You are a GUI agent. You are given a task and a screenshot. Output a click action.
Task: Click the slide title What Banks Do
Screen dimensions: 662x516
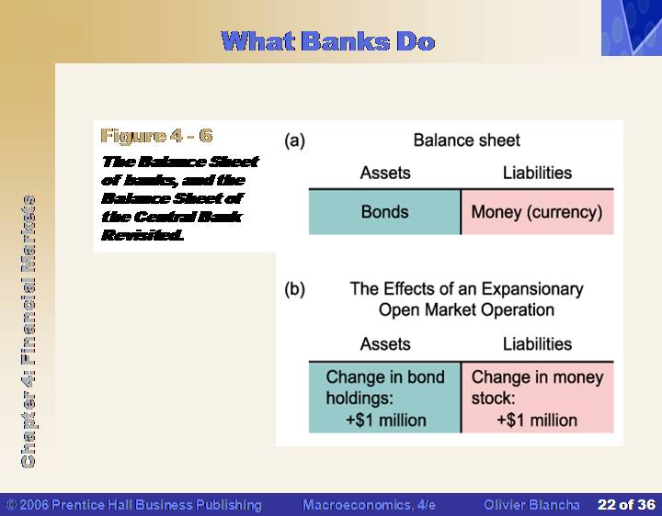[x=328, y=41]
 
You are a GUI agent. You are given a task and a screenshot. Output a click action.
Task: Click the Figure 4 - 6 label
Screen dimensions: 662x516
[x=156, y=136]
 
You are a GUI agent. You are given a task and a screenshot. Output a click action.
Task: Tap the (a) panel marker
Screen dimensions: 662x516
[x=294, y=140]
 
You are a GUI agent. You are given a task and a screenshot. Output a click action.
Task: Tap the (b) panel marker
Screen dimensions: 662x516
[x=294, y=289]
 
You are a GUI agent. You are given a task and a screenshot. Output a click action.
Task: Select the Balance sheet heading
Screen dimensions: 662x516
[x=466, y=140]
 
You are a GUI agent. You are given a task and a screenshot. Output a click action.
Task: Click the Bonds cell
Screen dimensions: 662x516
[x=384, y=212]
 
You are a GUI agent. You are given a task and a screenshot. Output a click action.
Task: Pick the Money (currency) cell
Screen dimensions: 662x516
[x=538, y=212]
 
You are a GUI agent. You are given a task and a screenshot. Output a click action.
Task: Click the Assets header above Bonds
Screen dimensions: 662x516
[x=385, y=173]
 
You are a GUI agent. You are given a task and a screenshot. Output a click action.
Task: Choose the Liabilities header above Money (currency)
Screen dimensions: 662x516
[x=537, y=173]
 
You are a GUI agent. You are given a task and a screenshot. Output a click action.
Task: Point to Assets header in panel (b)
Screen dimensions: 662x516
[x=385, y=344]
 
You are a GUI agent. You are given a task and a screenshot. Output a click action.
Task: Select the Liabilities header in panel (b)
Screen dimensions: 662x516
[x=537, y=344]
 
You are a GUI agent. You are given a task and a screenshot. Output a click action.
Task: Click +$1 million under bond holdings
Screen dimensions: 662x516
[x=386, y=421]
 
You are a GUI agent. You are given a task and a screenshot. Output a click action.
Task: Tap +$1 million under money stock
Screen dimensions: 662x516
[x=537, y=421]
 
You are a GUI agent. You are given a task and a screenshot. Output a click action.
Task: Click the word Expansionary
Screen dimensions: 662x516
[x=532, y=289]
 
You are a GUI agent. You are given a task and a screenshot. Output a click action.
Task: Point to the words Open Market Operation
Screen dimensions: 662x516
[x=466, y=309]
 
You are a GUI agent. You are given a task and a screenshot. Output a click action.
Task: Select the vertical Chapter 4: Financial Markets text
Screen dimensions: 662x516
[x=28, y=331]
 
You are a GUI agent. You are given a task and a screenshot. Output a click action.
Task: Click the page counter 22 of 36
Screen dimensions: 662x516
[x=626, y=505]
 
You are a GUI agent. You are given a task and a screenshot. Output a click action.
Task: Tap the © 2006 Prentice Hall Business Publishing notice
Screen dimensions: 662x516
[x=134, y=505]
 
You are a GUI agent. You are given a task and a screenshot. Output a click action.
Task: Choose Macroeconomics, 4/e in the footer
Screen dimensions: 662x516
[x=369, y=505]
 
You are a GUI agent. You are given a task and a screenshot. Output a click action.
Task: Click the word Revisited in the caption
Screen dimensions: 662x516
[x=143, y=235]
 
